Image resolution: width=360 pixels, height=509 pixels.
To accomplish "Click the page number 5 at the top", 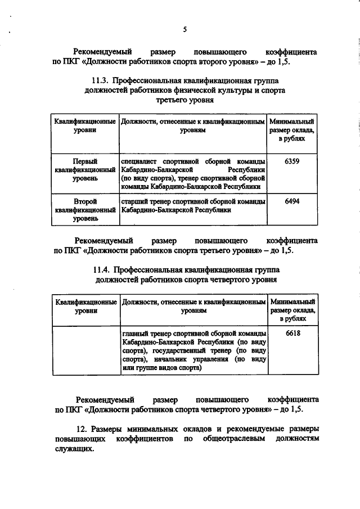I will [x=184, y=30].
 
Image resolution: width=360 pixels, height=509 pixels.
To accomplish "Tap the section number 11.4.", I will [x=102, y=269].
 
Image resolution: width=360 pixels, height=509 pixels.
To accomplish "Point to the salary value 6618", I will [x=292, y=333].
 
